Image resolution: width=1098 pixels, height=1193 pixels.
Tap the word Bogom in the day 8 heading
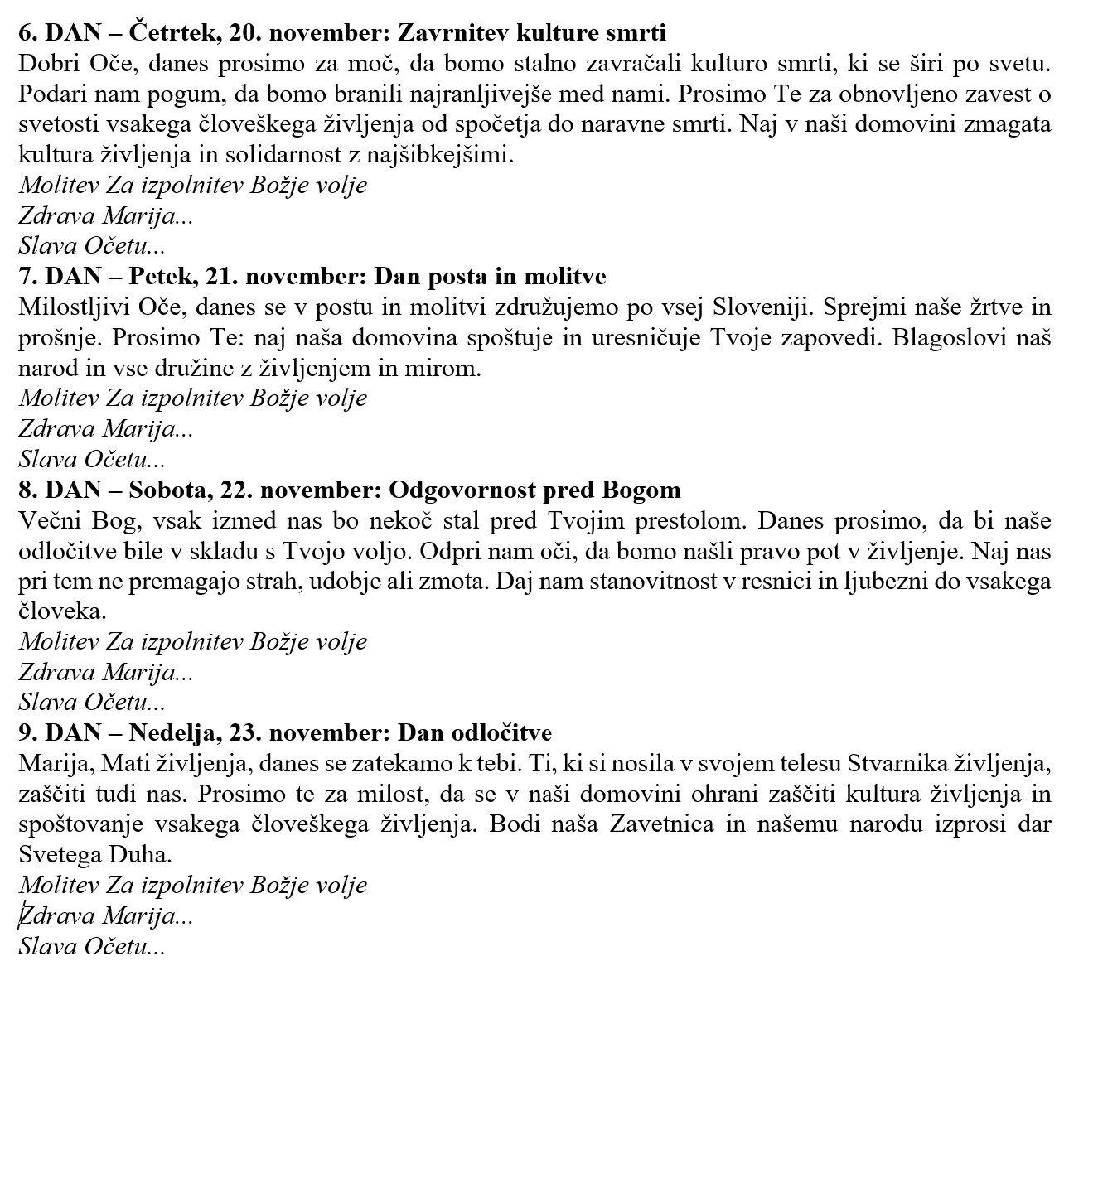pyautogui.click(x=641, y=490)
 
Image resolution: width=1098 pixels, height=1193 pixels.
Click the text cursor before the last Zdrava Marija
pyautogui.click(x=20, y=915)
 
